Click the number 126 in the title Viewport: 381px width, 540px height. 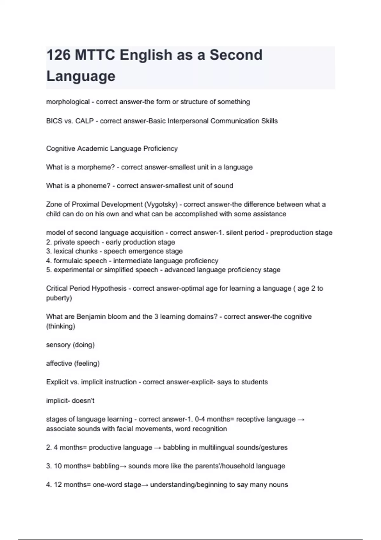[58, 55]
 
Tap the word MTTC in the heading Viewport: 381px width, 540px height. [95, 55]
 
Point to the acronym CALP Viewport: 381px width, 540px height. [84, 121]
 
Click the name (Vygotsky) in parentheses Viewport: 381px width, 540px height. [161, 205]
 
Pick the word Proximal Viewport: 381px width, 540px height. [85, 205]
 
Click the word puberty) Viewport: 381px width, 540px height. [59, 298]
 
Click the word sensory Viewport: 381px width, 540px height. [58, 345]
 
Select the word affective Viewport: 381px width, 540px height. [59, 363]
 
